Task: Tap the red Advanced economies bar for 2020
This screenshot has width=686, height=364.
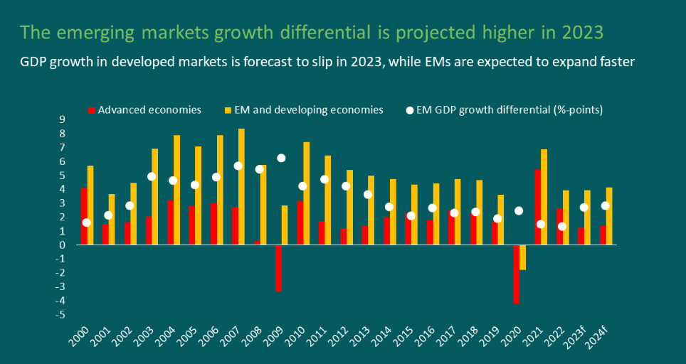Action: point(516,274)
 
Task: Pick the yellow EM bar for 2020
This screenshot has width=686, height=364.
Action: point(523,257)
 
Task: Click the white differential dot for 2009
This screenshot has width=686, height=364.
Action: point(281,158)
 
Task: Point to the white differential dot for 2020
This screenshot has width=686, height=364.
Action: point(519,210)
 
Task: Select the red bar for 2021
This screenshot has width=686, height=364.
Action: point(537,207)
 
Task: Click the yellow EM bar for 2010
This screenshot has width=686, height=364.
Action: point(306,193)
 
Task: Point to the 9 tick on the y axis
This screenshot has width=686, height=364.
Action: point(63,119)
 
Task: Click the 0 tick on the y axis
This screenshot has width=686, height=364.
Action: point(63,245)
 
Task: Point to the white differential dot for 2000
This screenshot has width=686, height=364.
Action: point(87,223)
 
